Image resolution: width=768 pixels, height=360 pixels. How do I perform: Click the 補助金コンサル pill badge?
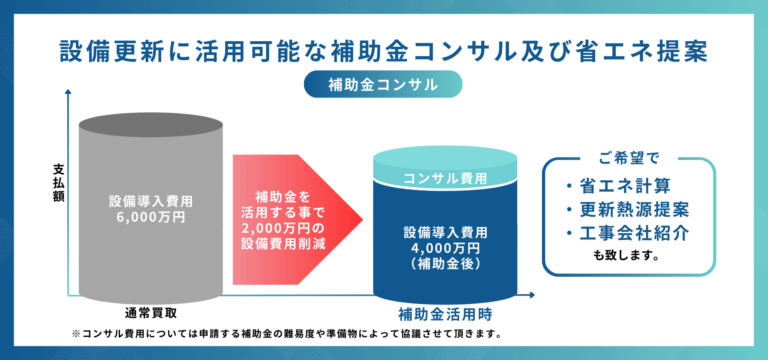[383, 84]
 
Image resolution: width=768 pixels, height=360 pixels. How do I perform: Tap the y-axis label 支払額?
[59, 183]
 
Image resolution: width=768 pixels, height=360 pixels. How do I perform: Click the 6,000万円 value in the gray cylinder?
[151, 217]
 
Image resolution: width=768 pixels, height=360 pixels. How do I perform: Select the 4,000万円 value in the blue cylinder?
[445, 248]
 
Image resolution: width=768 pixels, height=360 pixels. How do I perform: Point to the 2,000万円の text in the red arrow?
[283, 228]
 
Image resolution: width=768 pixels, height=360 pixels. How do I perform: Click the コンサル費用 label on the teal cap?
[445, 178]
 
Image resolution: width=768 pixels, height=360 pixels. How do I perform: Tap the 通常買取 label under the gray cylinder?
[151, 313]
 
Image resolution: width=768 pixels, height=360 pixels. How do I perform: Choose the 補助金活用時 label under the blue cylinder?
[445, 314]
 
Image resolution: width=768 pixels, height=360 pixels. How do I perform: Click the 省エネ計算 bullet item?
[625, 186]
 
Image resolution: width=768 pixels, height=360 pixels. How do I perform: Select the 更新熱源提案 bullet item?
[634, 209]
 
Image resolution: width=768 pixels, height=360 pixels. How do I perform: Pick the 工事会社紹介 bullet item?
[634, 233]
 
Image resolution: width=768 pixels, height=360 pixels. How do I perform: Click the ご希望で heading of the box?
[629, 158]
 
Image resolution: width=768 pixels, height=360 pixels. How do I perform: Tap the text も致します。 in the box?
[626, 255]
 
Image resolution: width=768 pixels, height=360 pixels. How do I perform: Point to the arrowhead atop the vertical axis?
[68, 92]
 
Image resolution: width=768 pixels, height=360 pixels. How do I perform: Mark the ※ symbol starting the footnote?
[76, 334]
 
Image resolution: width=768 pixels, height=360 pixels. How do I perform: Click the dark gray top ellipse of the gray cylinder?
[151, 125]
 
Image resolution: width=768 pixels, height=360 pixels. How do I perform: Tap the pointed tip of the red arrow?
[363, 220]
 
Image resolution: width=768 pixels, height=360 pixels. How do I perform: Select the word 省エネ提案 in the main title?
[642, 52]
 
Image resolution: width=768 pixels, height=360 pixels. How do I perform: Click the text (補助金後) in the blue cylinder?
[445, 264]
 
